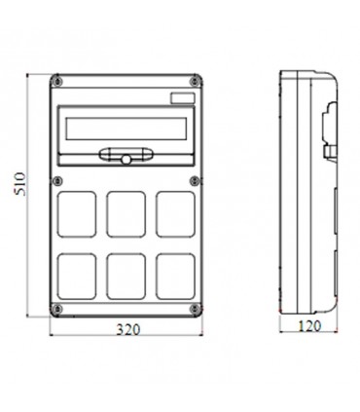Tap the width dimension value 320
click(128, 329)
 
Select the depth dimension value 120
click(310, 329)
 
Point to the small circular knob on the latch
click(125, 158)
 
